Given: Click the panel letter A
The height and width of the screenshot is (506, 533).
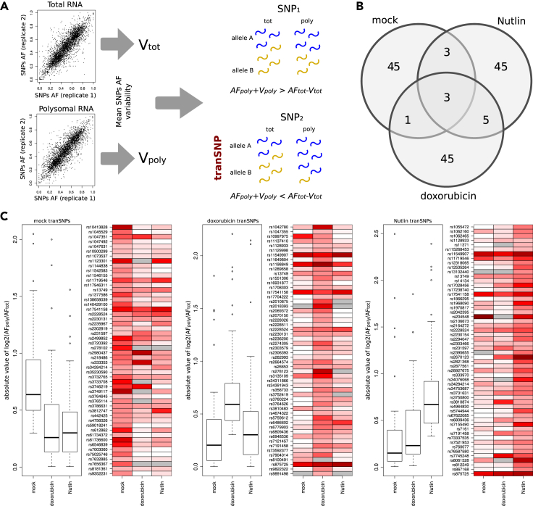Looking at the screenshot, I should pyautogui.click(x=6, y=7).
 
